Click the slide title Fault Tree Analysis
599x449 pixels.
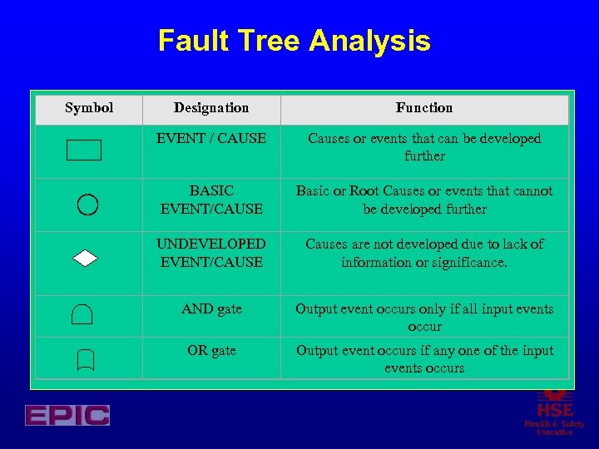pyautogui.click(x=294, y=41)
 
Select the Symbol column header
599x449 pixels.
pyautogui.click(x=89, y=108)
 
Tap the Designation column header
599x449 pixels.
pyautogui.click(x=211, y=108)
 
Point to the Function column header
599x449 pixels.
pyautogui.click(x=424, y=108)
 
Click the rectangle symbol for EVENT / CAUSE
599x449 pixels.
pyautogui.click(x=83, y=150)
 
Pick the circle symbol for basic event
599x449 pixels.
pyautogui.click(x=87, y=204)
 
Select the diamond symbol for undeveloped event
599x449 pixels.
pyautogui.click(x=85, y=258)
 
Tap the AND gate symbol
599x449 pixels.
pyautogui.click(x=82, y=314)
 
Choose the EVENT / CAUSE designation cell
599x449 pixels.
pyautogui.click(x=211, y=139)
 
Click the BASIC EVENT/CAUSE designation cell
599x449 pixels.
pyautogui.click(x=211, y=200)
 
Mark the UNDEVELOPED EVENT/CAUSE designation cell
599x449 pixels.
pyautogui.click(x=211, y=253)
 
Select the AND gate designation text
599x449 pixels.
pyautogui.click(x=211, y=309)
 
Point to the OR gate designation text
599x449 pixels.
pyautogui.click(x=211, y=351)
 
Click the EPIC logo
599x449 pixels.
pyautogui.click(x=67, y=415)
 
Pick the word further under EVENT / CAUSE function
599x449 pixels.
pyautogui.click(x=424, y=156)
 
